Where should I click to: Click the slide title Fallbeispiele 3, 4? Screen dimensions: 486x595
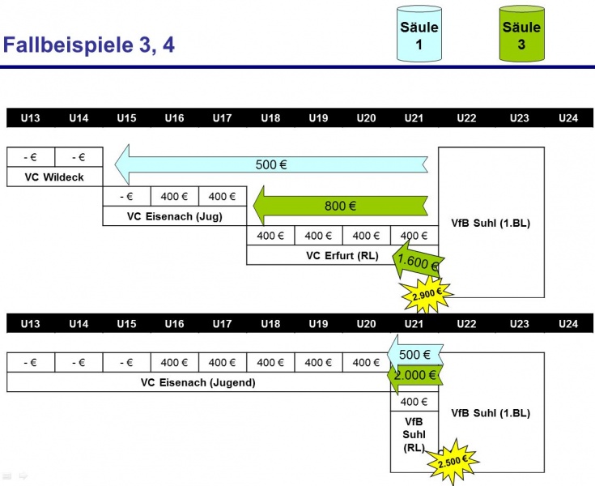(89, 45)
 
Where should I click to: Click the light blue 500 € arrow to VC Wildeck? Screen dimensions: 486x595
(271, 165)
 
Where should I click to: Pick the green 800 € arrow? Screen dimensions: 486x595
(340, 206)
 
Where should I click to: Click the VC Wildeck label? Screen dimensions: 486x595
(54, 177)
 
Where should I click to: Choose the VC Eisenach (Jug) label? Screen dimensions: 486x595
(174, 216)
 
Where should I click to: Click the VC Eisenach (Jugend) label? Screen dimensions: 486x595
(198, 382)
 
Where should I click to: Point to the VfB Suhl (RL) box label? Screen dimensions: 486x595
(414, 435)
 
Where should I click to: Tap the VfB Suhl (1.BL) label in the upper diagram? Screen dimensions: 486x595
(491, 223)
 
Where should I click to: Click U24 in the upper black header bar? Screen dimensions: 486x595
(568, 118)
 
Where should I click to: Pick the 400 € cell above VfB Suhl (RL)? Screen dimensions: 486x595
(414, 401)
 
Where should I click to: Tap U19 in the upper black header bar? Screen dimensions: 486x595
(318, 118)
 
